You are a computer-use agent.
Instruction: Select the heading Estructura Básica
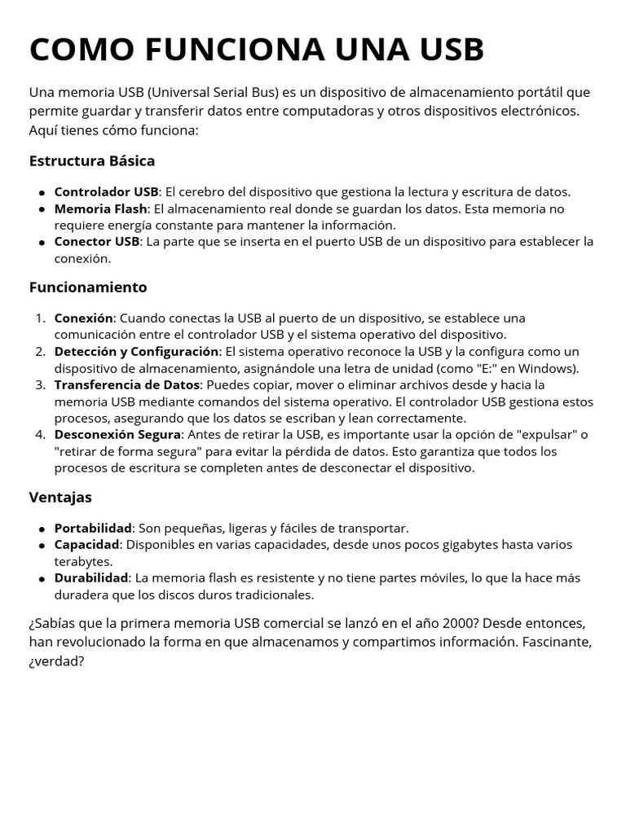[x=91, y=160]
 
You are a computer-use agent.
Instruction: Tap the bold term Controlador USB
[x=106, y=192]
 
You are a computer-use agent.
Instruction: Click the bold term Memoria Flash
[x=101, y=208]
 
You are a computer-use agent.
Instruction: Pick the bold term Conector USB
[x=97, y=242]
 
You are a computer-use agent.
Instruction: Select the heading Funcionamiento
[x=88, y=287]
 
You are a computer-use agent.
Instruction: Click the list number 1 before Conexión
[x=40, y=318]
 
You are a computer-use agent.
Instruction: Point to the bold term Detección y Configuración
[x=136, y=351]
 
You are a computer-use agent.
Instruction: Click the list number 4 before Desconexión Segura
[x=40, y=434]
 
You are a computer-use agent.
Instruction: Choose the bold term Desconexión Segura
[x=117, y=434]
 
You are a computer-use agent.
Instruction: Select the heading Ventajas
[x=60, y=497]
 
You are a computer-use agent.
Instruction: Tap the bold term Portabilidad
[x=93, y=528]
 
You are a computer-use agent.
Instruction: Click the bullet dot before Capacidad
[x=42, y=545]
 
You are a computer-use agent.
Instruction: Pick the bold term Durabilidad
[x=91, y=577]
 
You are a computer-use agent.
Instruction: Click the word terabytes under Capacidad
[x=83, y=561]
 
